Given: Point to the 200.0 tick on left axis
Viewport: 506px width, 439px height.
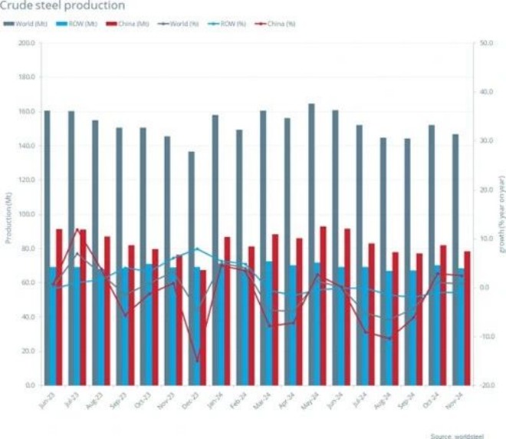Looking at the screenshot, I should [x=25, y=43].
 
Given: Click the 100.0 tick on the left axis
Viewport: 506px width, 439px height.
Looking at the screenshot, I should [x=25, y=214].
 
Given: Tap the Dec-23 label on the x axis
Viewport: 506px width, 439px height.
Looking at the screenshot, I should [x=186, y=401].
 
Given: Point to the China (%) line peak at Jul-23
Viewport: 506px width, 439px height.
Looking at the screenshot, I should [x=77, y=229].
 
